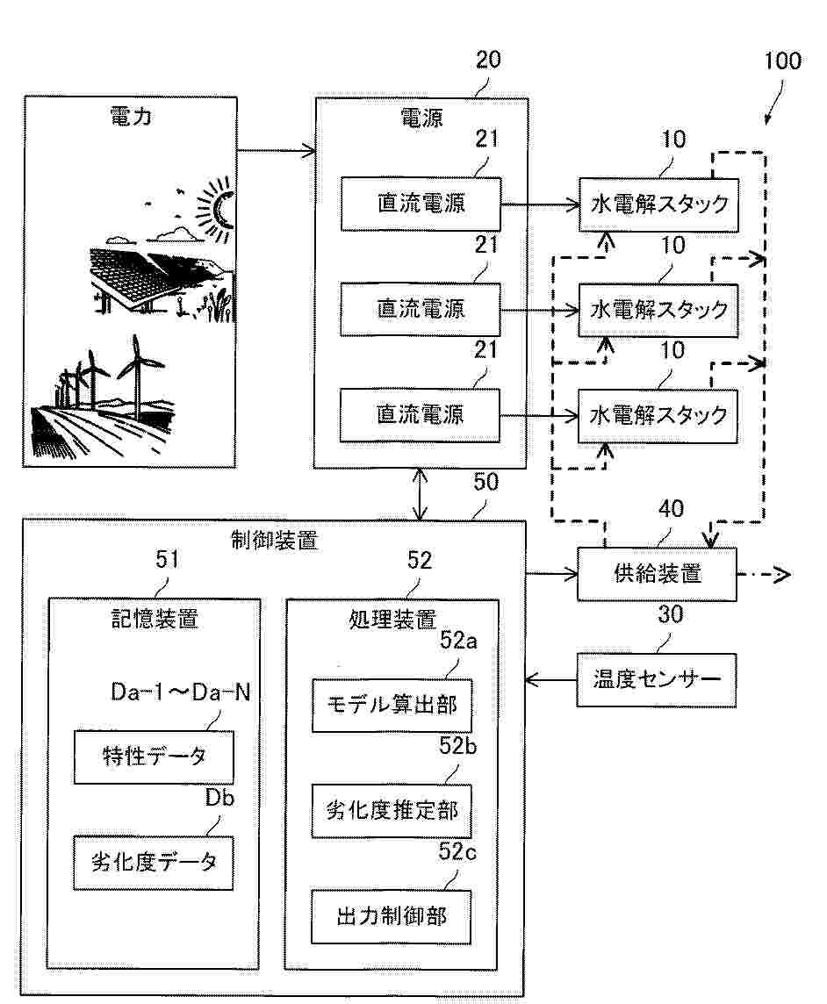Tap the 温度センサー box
click(656, 679)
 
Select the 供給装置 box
click(656, 575)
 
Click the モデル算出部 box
click(392, 705)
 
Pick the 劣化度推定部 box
click(392, 810)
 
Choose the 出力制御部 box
click(392, 916)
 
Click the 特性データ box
click(154, 757)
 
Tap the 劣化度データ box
click(154, 863)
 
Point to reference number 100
click(782, 61)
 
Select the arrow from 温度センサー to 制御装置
click(551, 679)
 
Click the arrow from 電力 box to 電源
click(276, 150)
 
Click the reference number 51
click(167, 562)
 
